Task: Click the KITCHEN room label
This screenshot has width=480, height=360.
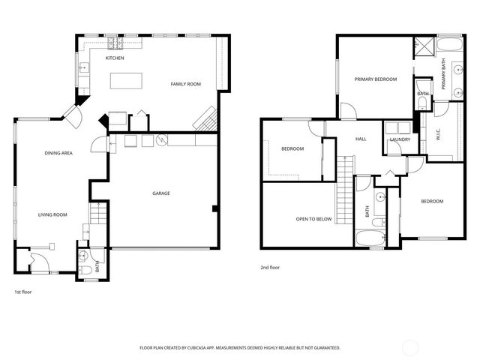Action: [114, 58]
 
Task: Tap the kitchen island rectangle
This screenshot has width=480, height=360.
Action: [126, 80]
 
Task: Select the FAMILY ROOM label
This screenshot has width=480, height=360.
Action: [185, 84]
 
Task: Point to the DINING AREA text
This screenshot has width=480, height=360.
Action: [58, 153]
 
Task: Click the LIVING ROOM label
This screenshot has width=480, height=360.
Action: [52, 214]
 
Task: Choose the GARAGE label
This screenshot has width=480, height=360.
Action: [161, 193]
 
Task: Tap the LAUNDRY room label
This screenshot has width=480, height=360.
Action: [399, 139]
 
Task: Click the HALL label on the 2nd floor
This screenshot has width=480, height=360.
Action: [361, 139]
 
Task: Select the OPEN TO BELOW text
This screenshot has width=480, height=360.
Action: [313, 219]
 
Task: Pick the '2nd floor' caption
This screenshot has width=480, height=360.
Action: [270, 267]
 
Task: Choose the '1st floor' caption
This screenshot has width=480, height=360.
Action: [22, 291]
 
